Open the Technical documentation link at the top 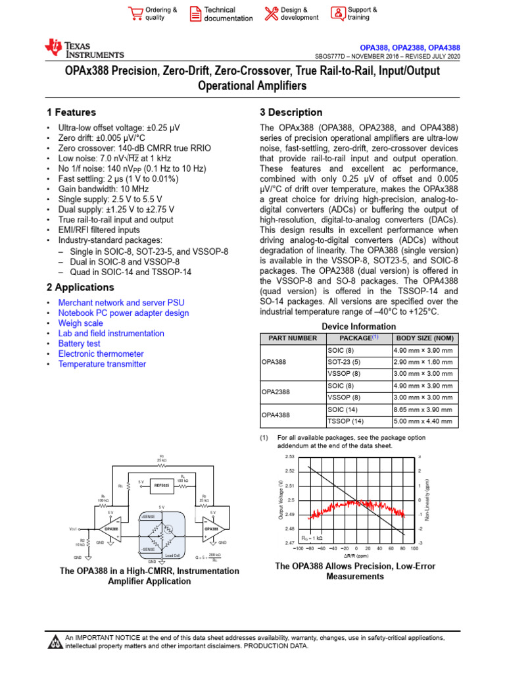tap(228, 14)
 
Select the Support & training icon tap(337, 14)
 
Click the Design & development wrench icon tap(271, 14)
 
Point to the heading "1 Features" tap(71, 113)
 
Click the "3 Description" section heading tap(291, 113)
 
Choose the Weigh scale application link tap(80, 323)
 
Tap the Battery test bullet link tap(79, 344)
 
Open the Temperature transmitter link tap(102, 364)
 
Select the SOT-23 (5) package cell tap(344, 361)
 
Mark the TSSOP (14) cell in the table tap(345, 421)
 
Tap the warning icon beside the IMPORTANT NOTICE tap(55, 642)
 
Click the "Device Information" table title tap(358, 326)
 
